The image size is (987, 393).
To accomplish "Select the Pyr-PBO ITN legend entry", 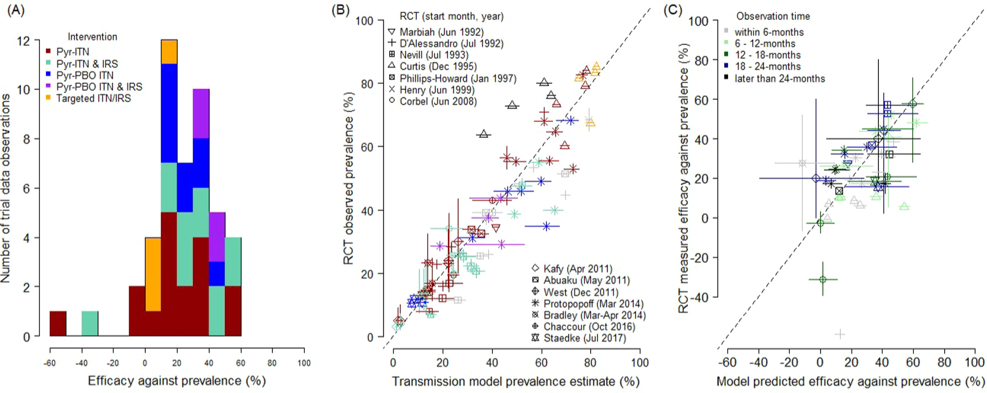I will click(84, 75).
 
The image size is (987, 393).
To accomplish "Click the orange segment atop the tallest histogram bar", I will click(169, 51).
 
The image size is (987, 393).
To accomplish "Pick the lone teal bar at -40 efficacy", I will click(89, 323).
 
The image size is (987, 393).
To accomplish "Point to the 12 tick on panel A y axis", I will click(23, 40).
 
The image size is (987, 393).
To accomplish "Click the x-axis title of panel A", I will click(176, 381).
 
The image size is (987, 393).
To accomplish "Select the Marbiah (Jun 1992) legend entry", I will click(441, 32).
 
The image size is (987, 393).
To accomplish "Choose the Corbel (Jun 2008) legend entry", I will click(438, 101).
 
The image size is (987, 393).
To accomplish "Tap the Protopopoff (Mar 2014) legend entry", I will click(593, 304).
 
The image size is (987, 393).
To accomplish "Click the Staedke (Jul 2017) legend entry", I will click(584, 338).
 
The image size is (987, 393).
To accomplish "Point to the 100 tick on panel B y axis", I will click(364, 21).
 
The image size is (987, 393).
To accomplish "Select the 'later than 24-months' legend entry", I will click(779, 79).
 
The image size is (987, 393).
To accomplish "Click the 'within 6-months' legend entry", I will click(769, 32).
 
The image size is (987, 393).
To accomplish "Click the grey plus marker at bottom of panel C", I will click(839, 334).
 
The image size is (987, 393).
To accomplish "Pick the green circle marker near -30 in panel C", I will click(822, 279).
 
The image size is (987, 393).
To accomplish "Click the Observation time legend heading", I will click(773, 16).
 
